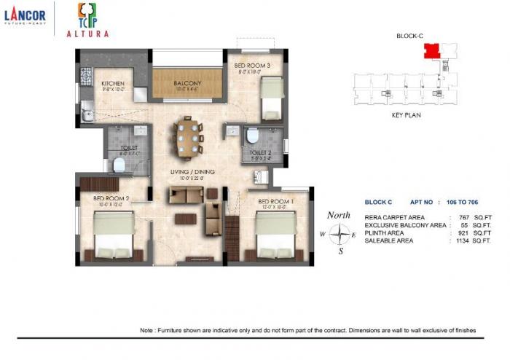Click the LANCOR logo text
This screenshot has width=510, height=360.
point(25,15)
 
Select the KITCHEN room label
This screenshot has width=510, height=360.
point(113,85)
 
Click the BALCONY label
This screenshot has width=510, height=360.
point(187,84)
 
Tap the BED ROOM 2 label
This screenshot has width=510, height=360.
point(111,198)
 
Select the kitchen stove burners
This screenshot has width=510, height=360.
point(85,75)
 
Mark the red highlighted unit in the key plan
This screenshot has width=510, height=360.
point(431,51)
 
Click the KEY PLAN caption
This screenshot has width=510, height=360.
point(407,115)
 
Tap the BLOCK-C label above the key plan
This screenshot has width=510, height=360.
point(410,36)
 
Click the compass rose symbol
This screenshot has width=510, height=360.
point(339,235)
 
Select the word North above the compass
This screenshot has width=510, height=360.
point(339,216)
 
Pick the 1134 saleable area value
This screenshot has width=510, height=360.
point(462,240)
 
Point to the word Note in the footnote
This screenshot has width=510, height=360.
point(147,331)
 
